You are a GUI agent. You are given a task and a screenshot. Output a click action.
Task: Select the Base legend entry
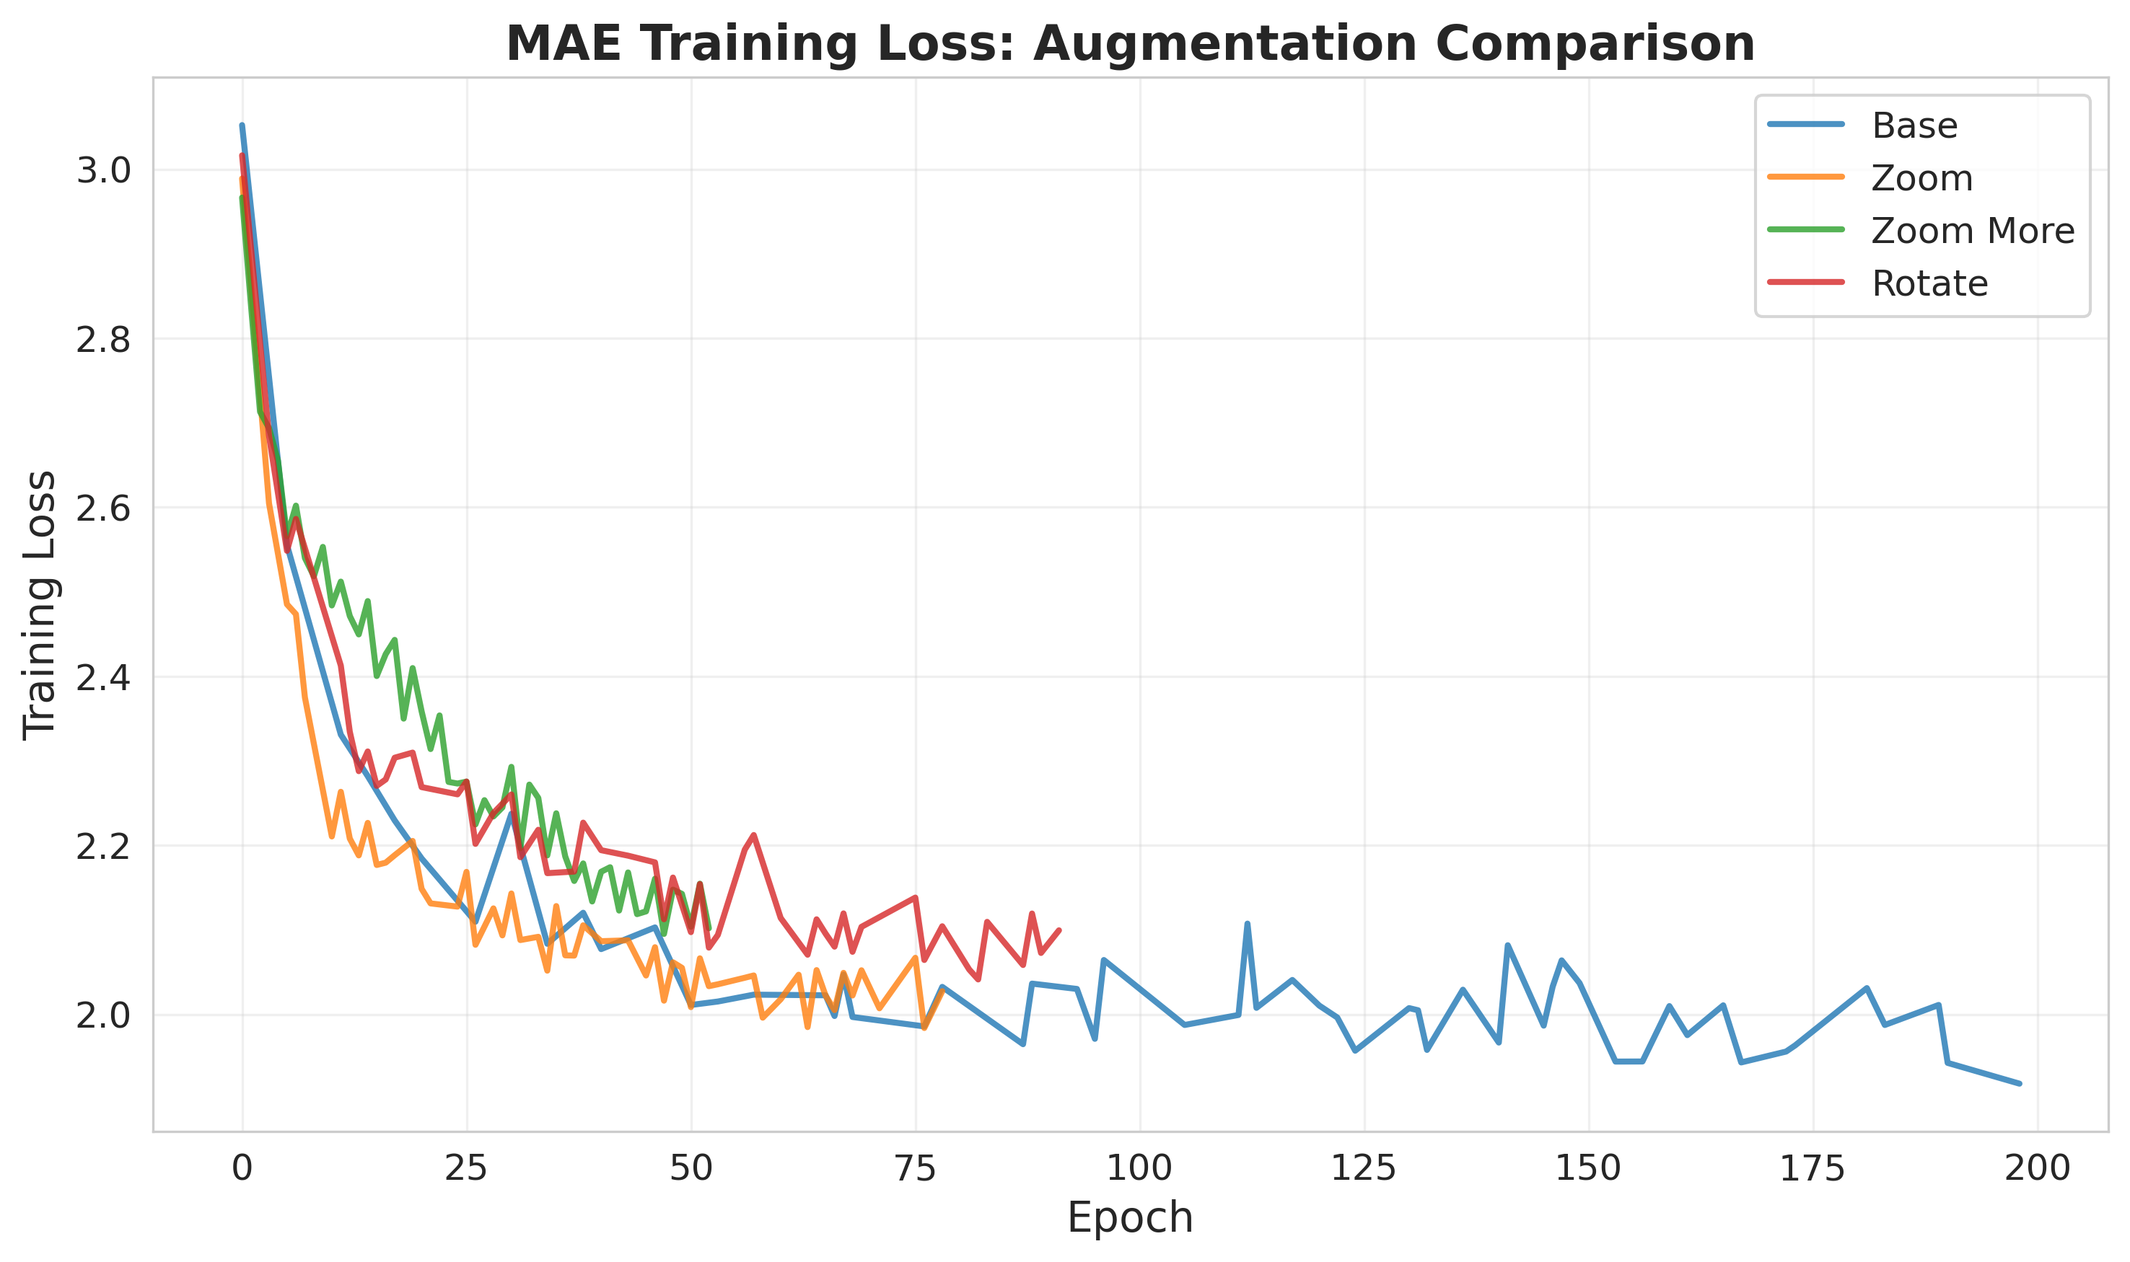click(x=1914, y=126)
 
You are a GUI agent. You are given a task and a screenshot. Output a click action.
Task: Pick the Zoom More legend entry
click(x=1972, y=231)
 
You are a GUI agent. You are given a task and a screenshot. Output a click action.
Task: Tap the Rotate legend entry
click(x=1929, y=284)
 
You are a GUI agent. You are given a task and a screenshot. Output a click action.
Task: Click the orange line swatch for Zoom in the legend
click(x=1805, y=177)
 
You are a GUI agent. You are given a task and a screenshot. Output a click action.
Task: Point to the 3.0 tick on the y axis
click(x=103, y=171)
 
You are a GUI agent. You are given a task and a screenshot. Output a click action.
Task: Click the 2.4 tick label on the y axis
click(x=103, y=679)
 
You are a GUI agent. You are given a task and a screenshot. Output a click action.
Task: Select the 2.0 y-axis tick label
click(x=103, y=1016)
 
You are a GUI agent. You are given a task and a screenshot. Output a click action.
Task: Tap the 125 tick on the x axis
click(x=1364, y=1169)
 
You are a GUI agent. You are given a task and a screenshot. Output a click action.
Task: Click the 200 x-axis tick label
click(x=2037, y=1169)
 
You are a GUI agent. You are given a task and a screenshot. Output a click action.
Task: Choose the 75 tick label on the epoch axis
click(x=916, y=1169)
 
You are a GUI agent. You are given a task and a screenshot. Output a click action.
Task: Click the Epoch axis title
click(x=1130, y=1218)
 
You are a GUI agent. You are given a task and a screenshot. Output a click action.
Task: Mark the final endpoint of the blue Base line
click(x=2020, y=1083)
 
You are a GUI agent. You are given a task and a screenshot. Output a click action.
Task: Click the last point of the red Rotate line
click(x=1059, y=930)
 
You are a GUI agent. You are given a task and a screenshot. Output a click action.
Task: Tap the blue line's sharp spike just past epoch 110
click(x=1247, y=924)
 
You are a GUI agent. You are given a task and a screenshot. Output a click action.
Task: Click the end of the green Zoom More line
click(x=709, y=929)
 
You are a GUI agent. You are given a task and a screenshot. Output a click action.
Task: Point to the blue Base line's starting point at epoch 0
click(x=242, y=126)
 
